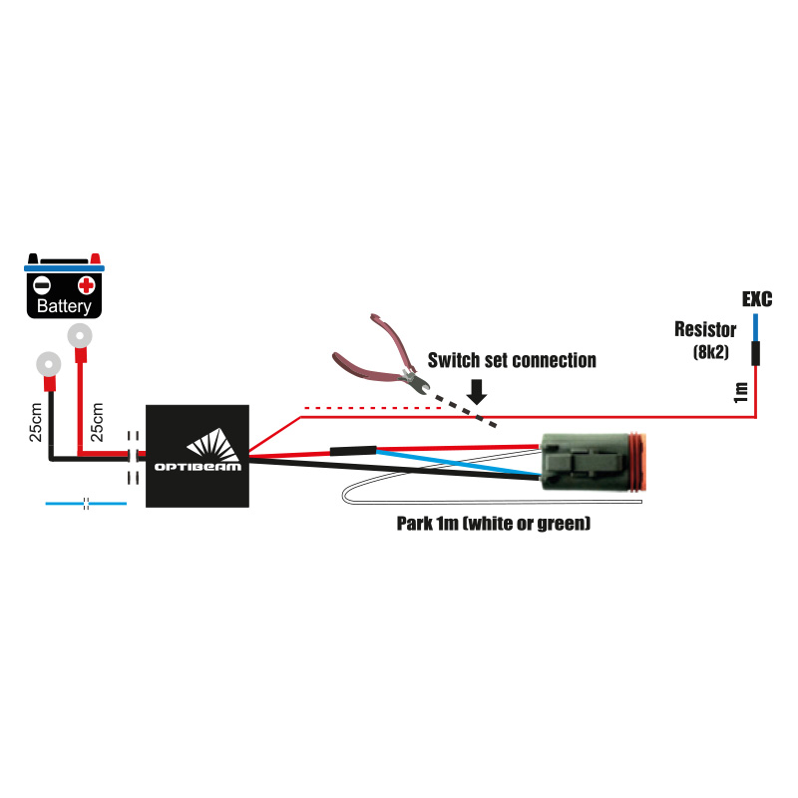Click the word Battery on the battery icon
tap(64, 306)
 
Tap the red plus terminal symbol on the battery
tap(86, 284)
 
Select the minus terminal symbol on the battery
tap(43, 284)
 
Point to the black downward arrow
tap(478, 390)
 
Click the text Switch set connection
tap(512, 360)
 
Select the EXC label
tap(757, 299)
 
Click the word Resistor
tap(705, 329)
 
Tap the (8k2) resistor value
tap(709, 352)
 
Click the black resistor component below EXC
tap(755, 352)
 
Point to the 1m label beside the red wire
tap(740, 392)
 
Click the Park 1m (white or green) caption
tap(494, 523)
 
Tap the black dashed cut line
tap(465, 411)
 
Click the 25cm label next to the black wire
tap(36, 422)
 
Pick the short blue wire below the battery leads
tap(86, 504)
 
